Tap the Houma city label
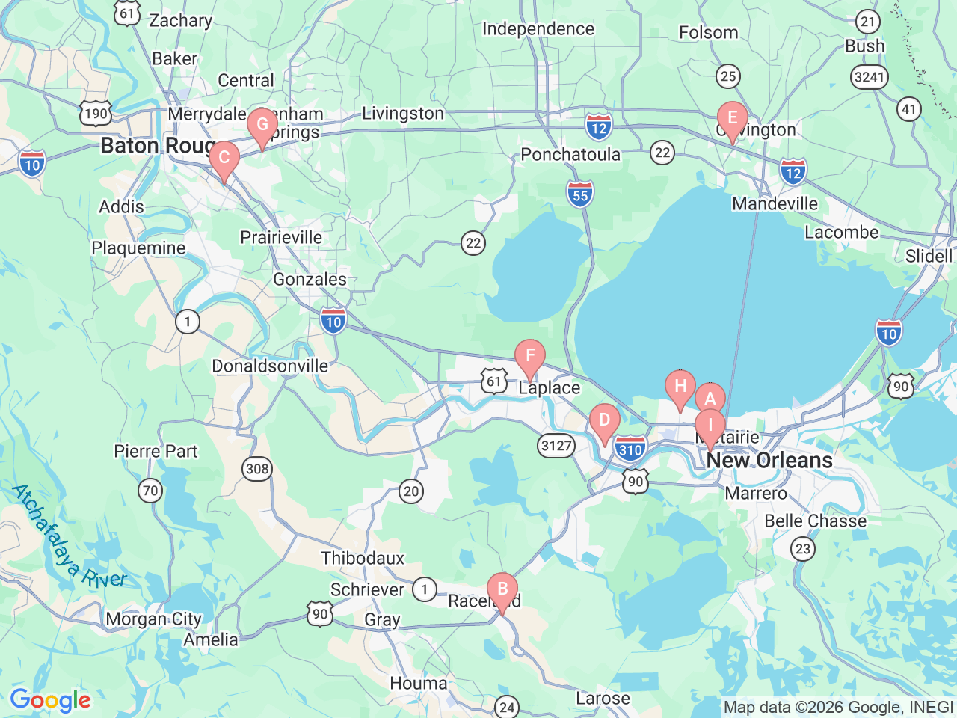[x=419, y=683]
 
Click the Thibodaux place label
[x=363, y=558]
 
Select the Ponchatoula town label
[x=570, y=155]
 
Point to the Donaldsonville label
[x=270, y=366]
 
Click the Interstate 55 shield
[x=580, y=194]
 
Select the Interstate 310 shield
[x=630, y=449]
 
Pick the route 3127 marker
[x=556, y=447]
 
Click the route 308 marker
[x=257, y=469]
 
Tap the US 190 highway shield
[x=96, y=114]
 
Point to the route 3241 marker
[x=869, y=76]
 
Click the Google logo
[x=50, y=701]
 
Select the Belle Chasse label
[x=815, y=521]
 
